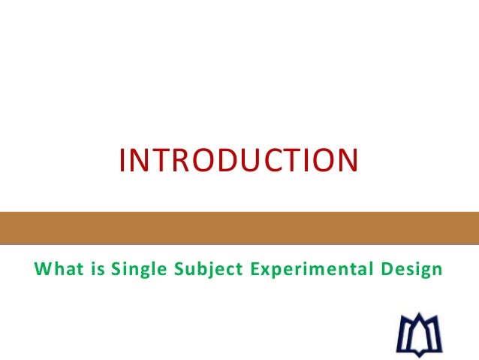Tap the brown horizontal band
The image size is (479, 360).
239,228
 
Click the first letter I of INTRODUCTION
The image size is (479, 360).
123,160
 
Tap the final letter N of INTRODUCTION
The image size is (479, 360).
346,160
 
